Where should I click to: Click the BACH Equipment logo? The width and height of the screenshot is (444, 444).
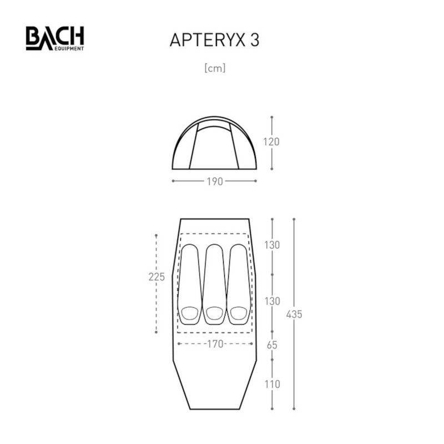55,38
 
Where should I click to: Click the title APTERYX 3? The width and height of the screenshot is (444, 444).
214,40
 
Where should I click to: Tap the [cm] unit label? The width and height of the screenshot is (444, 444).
215,68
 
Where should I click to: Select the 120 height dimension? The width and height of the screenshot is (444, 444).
271,142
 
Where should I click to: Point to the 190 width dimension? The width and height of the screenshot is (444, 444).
215,181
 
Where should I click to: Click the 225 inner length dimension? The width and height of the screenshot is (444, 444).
157,277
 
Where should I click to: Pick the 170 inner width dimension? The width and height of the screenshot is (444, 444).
215,344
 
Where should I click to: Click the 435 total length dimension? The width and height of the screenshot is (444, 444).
294,314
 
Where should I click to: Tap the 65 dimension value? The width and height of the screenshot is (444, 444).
272,345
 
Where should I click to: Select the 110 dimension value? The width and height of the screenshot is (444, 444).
272,384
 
